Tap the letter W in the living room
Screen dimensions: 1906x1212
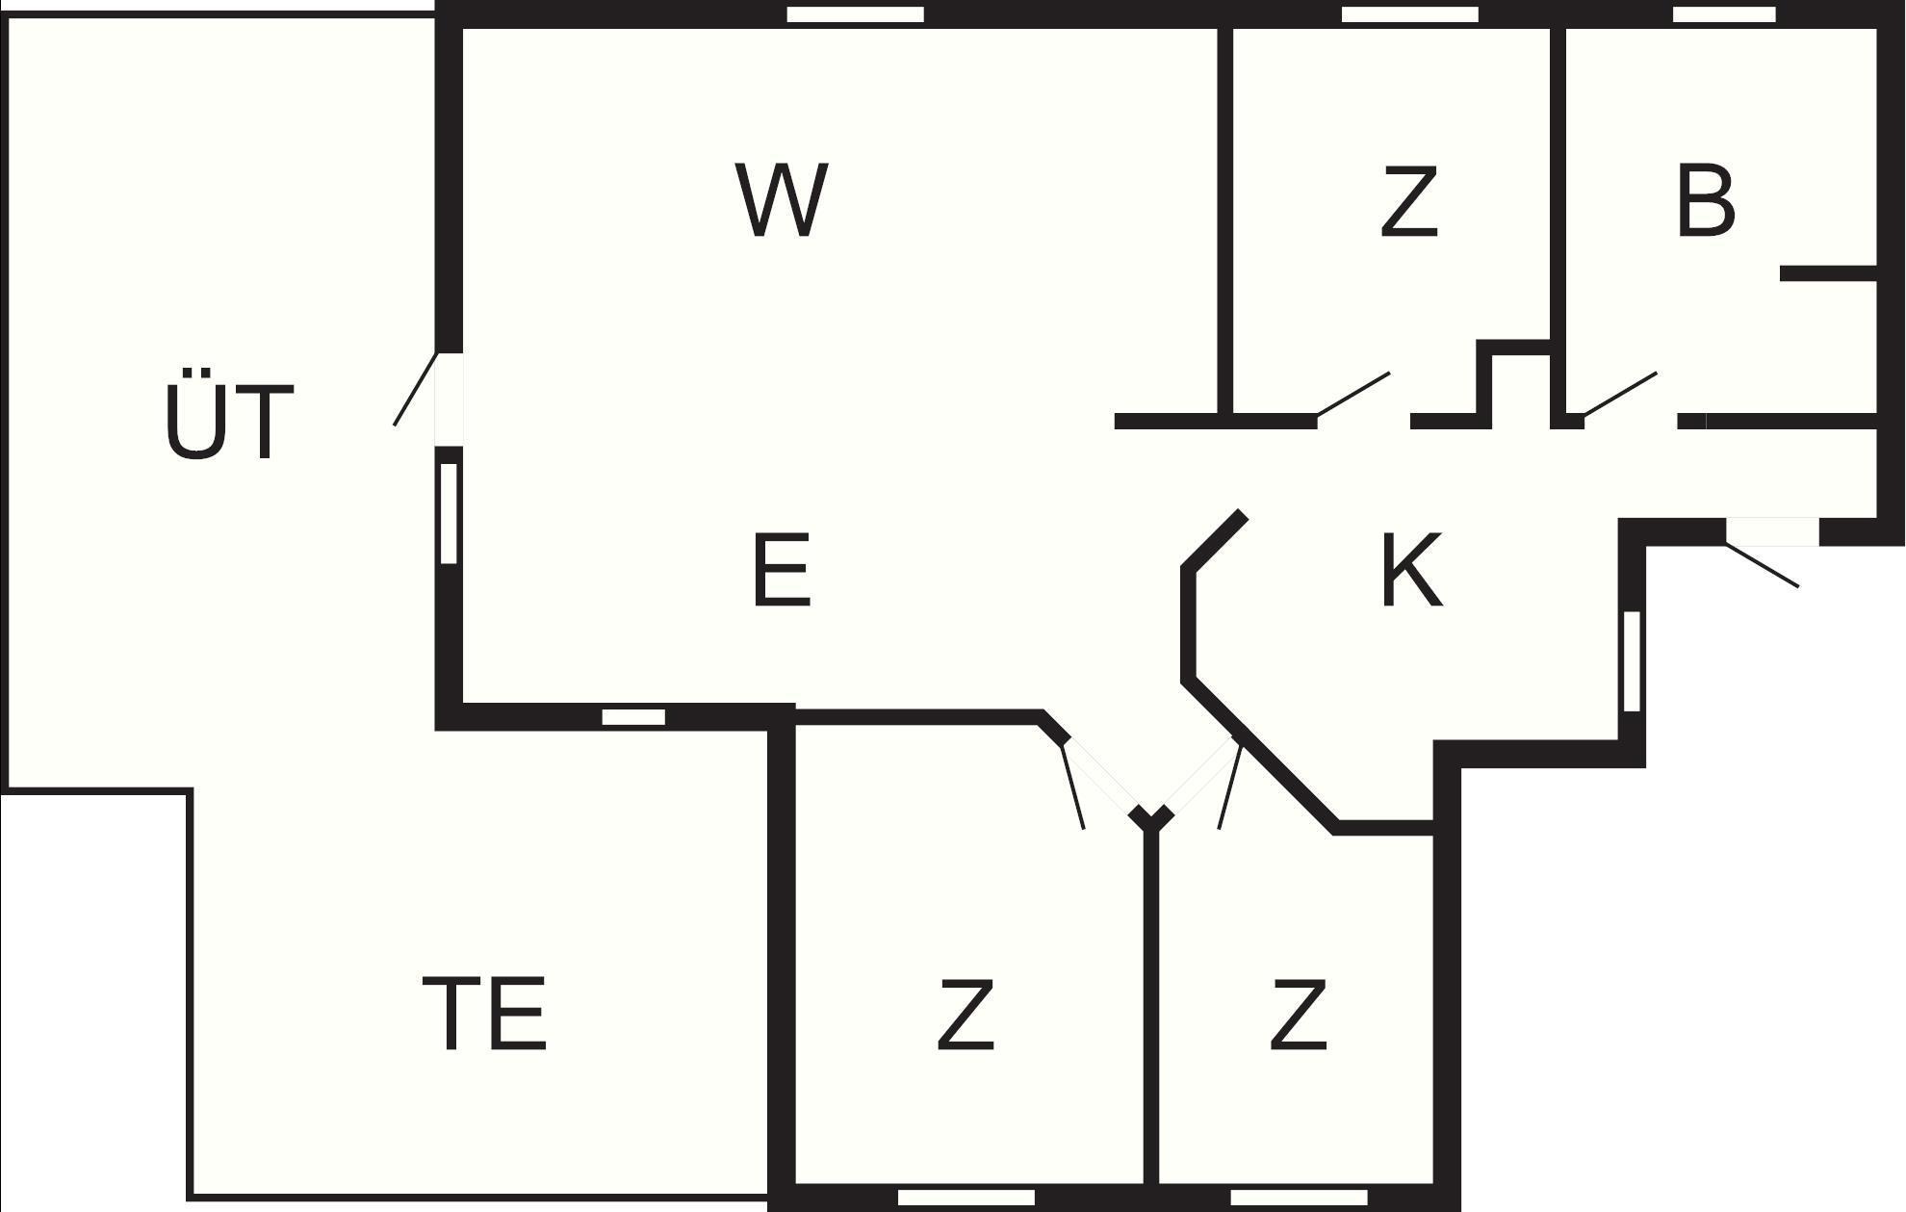pyautogui.click(x=782, y=200)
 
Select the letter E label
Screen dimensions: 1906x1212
pyautogui.click(x=781, y=571)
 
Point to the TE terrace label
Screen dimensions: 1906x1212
pyautogui.click(x=484, y=1013)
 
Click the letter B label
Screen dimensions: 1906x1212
pyautogui.click(x=1706, y=200)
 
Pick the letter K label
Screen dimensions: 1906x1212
pyautogui.click(x=1412, y=570)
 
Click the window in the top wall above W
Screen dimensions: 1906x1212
pyautogui.click(x=856, y=14)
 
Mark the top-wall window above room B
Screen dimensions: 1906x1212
pyautogui.click(x=1724, y=14)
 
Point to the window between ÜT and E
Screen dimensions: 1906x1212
pyautogui.click(x=449, y=513)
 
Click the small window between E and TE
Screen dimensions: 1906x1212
pyautogui.click(x=633, y=717)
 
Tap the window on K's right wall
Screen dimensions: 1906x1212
pyautogui.click(x=1632, y=661)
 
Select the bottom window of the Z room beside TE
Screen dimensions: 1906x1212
pyautogui.click(x=966, y=1198)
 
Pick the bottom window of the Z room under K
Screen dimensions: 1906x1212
pyautogui.click(x=1300, y=1198)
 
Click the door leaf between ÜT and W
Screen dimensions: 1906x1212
pyautogui.click(x=416, y=389)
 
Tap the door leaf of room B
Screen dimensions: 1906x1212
pyautogui.click(x=1620, y=395)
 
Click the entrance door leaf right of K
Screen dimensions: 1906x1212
pyautogui.click(x=1762, y=565)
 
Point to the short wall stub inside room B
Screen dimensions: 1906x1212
pyautogui.click(x=1829, y=274)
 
